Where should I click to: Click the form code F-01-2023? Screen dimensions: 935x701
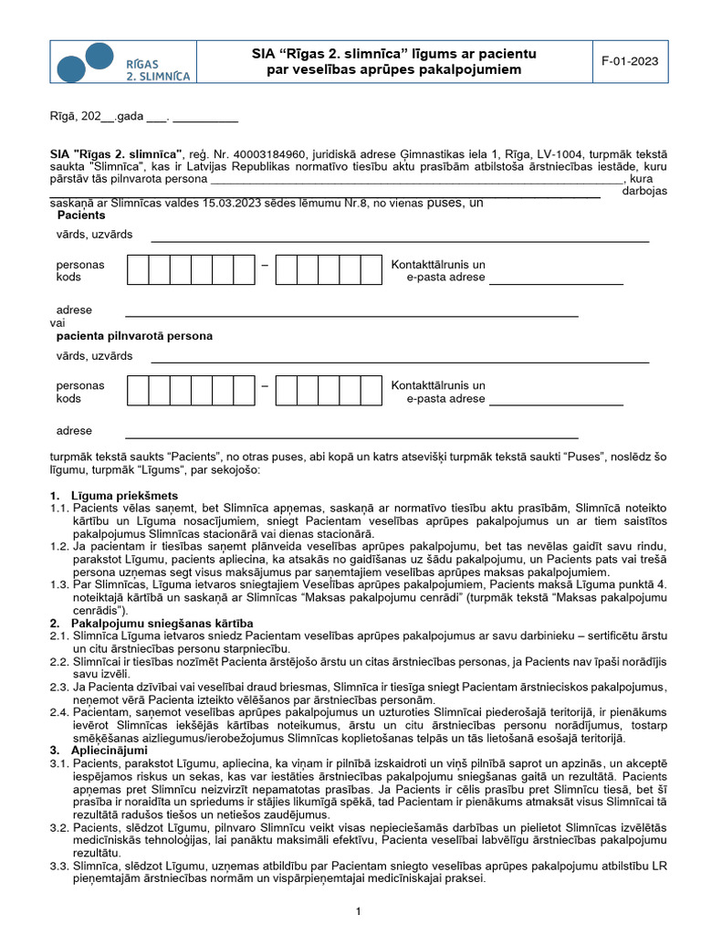pyautogui.click(x=630, y=61)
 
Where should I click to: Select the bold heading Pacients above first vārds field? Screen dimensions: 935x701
pyautogui.click(x=81, y=215)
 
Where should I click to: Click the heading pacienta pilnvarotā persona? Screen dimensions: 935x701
pyautogui.click(x=134, y=336)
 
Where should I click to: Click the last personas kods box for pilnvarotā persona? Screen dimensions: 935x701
pyautogui.click(x=371, y=391)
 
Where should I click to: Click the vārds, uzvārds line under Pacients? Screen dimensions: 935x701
pyautogui.click(x=400, y=239)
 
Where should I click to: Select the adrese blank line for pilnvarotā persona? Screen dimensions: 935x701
pyautogui.click(x=351, y=436)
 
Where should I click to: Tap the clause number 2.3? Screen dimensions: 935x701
pyautogui.click(x=59, y=685)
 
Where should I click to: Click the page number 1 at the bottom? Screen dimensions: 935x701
pyautogui.click(x=359, y=911)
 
